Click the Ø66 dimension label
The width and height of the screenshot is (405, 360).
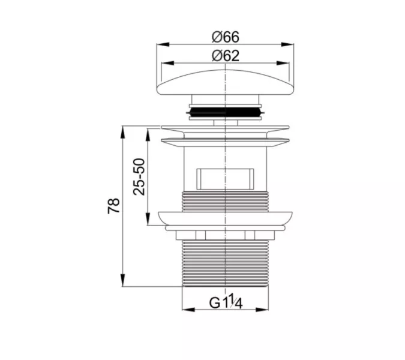(226, 37)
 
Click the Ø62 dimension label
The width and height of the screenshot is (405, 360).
(226, 56)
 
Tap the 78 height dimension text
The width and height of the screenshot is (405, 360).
(114, 206)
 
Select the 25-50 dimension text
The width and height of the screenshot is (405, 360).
(139, 176)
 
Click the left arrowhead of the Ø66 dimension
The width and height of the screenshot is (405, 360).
(163, 44)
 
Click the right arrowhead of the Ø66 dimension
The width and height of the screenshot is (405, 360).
(287, 44)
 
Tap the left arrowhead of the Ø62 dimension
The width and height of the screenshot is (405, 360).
(167, 63)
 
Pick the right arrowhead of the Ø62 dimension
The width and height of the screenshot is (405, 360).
(283, 63)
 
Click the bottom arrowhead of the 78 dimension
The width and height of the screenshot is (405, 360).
(123, 280)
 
